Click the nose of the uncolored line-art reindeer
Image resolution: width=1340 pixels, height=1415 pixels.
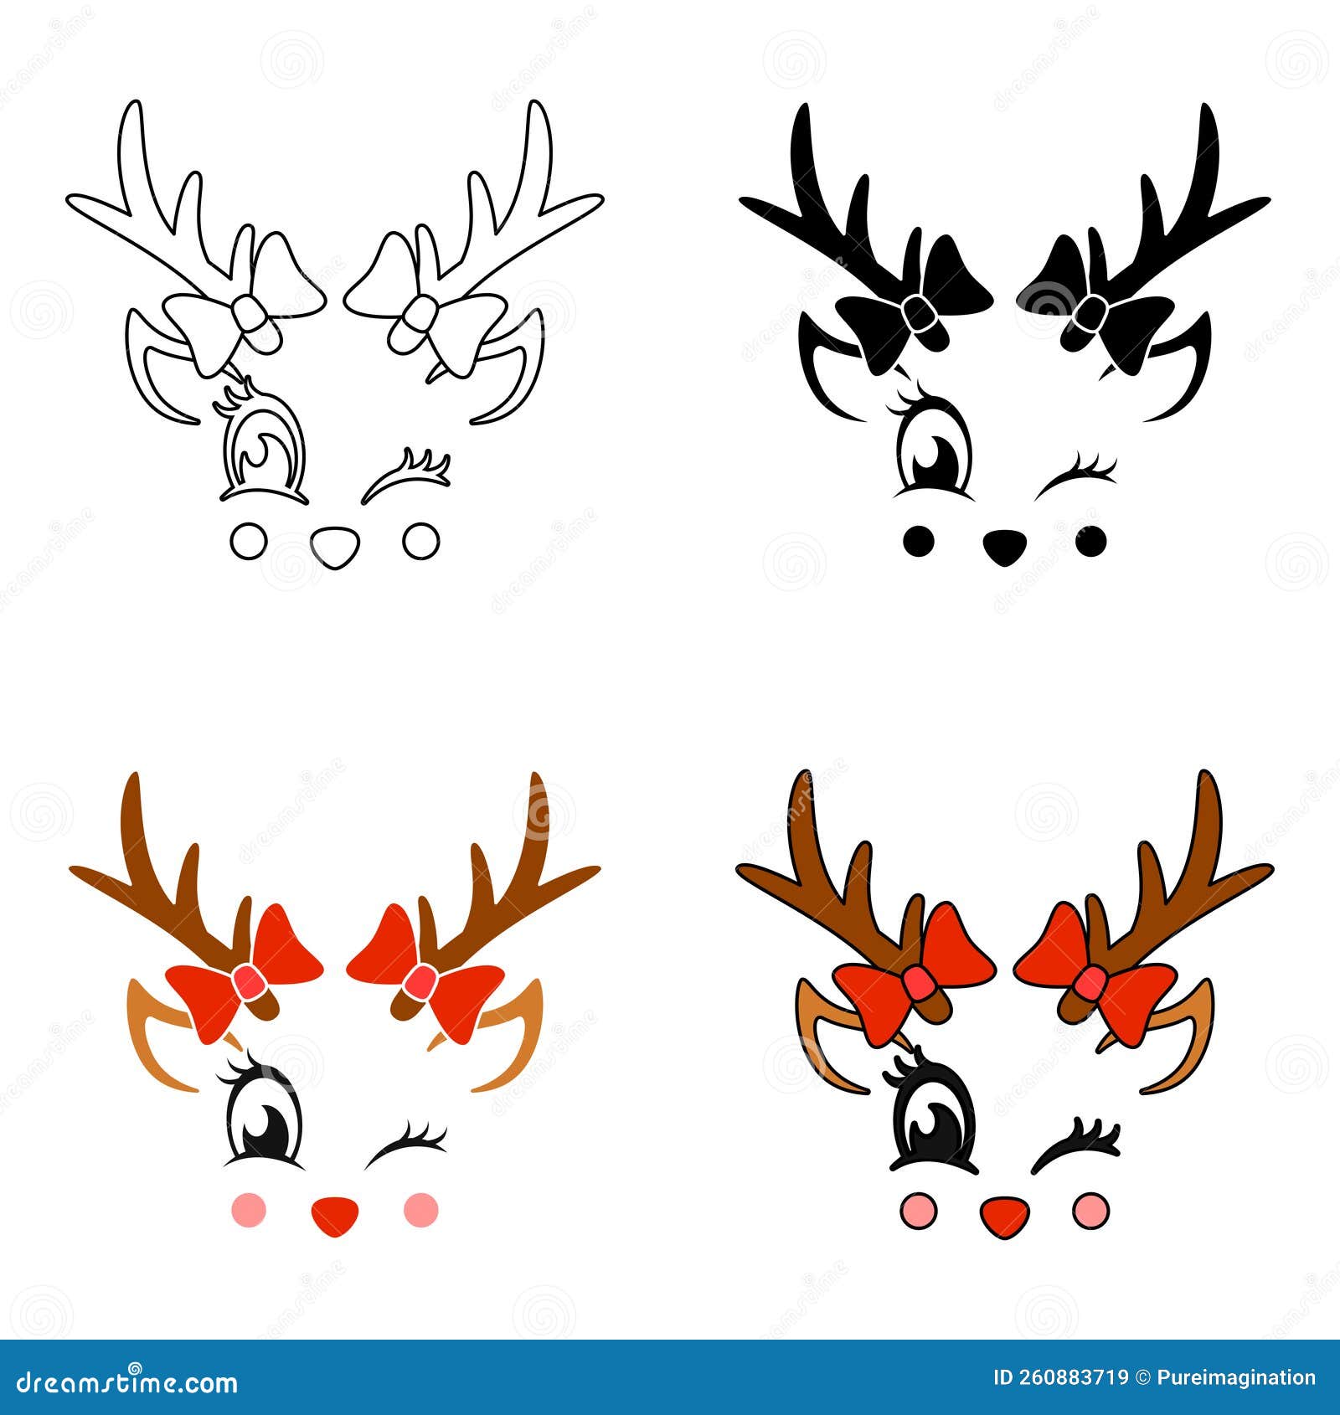pos(335,546)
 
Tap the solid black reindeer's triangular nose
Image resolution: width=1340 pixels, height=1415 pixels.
pos(1004,546)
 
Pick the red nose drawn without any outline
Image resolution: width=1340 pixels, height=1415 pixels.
pos(335,1215)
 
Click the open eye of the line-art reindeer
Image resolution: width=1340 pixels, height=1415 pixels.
pos(262,452)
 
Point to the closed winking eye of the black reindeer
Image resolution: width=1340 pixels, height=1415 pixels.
pos(1077,476)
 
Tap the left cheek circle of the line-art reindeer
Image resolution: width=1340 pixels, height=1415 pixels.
pos(249,541)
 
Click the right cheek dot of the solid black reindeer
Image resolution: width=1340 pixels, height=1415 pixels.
pos(1090,541)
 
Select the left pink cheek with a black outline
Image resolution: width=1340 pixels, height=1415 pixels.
pos(919,1211)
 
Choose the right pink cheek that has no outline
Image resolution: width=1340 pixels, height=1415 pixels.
pos(420,1209)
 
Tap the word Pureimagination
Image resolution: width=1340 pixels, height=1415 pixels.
pos(1236,1378)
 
